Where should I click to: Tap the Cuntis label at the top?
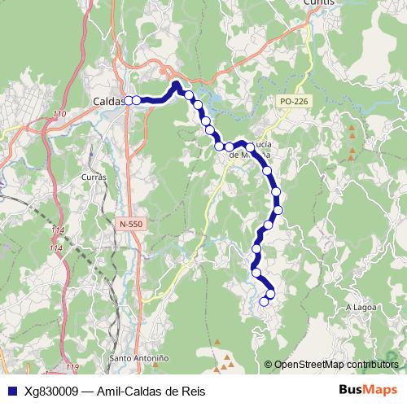click(318, 3)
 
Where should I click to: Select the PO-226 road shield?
click(292, 101)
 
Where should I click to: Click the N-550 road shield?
click(129, 223)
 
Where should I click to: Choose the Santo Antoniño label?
click(139, 357)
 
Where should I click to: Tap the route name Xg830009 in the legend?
click(50, 391)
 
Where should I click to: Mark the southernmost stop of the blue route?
click(263, 302)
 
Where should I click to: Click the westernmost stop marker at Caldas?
click(129, 101)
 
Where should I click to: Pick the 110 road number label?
click(59, 113)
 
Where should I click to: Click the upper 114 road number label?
click(57, 230)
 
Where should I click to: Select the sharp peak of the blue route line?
click(176, 83)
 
